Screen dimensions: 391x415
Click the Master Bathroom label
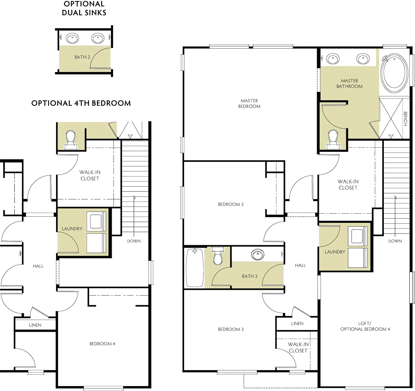click(349, 83)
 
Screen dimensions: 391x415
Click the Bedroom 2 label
click(231, 204)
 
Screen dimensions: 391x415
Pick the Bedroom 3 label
click(231, 329)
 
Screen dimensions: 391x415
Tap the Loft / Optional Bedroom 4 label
click(365, 327)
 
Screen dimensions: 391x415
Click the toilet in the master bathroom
click(333, 139)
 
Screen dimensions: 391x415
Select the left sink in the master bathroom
click(333, 59)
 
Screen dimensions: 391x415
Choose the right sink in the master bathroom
click(363, 59)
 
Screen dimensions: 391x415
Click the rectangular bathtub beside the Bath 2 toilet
click(194, 267)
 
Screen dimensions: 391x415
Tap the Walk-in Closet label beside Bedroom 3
click(298, 347)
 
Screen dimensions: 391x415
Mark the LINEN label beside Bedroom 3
click(297, 324)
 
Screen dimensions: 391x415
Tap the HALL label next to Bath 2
click(300, 265)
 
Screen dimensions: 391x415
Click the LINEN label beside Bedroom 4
click(36, 325)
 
